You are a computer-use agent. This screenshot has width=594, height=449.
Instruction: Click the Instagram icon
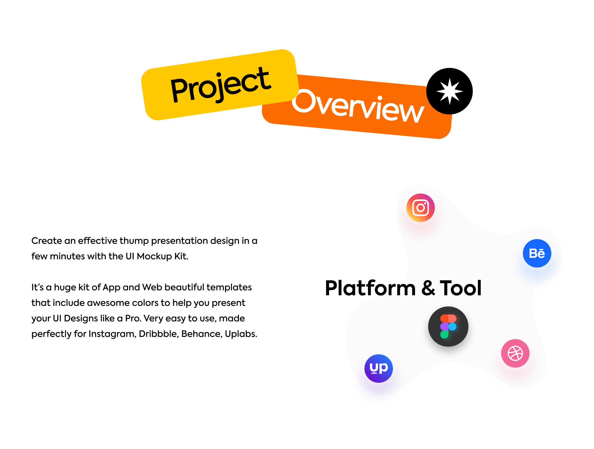[x=420, y=208]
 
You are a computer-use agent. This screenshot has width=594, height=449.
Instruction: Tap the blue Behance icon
[x=537, y=253]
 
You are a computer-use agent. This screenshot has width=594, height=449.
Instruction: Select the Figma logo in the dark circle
[x=448, y=327]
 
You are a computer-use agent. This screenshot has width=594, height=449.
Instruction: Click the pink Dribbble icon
[x=515, y=353]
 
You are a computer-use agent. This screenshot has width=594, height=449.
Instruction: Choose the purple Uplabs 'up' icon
[x=379, y=368]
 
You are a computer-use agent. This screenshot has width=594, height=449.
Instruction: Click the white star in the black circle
[x=449, y=91]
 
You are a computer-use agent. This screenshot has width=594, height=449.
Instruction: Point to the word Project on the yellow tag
[x=220, y=85]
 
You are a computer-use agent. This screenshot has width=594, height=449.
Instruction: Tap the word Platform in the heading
[x=370, y=288]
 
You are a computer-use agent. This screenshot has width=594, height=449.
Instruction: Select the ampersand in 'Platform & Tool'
[x=428, y=288]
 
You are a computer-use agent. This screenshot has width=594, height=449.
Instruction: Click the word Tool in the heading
[x=461, y=288]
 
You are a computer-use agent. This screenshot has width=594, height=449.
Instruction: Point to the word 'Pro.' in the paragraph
[x=133, y=318]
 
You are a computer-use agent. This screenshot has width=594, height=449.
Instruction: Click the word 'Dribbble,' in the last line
[x=159, y=334]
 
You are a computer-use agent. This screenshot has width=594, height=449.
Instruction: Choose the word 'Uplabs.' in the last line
[x=241, y=334]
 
